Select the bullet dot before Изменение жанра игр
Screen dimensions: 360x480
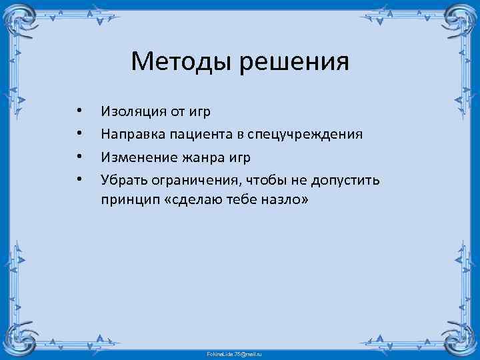[79, 157]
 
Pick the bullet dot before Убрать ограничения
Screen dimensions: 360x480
[79, 179]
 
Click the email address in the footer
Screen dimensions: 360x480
[239, 351]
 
